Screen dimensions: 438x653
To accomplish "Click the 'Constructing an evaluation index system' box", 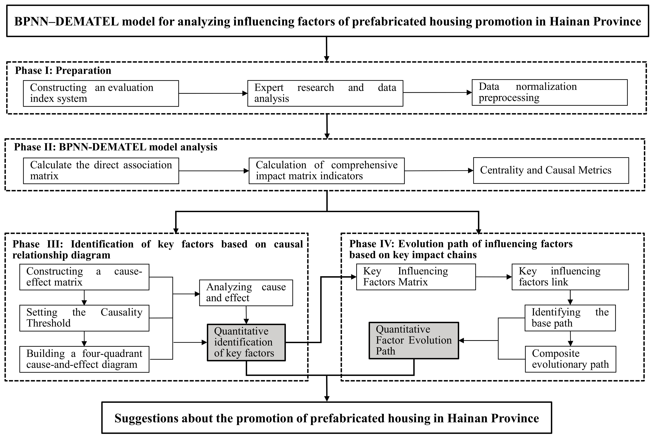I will [x=101, y=93].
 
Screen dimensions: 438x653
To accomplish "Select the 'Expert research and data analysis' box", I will [x=325, y=93].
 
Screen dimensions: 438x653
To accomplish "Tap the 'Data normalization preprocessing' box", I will [x=549, y=93].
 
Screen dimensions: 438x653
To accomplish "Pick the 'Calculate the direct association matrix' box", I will [x=101, y=171].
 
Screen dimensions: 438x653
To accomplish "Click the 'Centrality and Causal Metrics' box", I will [x=551, y=170].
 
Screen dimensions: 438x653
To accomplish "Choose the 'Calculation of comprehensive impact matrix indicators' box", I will [x=326, y=171].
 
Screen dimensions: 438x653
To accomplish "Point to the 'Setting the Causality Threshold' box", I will [x=84, y=318].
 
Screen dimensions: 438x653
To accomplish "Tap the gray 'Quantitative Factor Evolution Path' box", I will [x=414, y=340].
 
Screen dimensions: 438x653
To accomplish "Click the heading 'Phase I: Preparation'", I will [x=63, y=71].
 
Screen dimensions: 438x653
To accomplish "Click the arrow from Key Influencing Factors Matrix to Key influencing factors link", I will [x=493, y=277].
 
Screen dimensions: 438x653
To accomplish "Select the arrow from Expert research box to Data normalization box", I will [x=437, y=93].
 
